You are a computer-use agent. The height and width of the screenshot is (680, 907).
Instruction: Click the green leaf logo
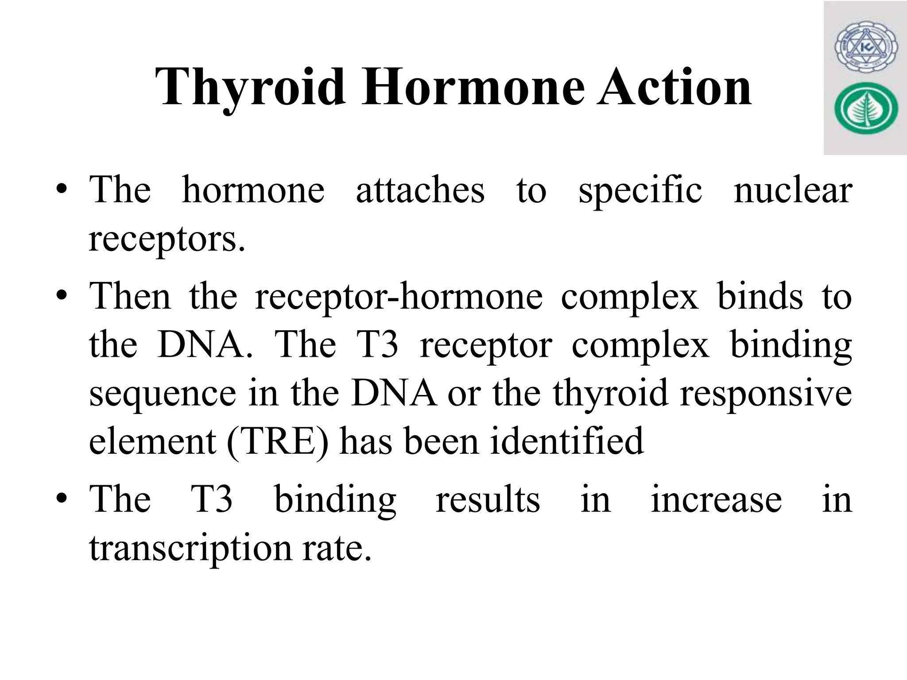click(x=866, y=111)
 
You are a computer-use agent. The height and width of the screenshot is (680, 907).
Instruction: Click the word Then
click(x=130, y=296)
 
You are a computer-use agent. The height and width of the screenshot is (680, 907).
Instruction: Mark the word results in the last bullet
click(x=488, y=499)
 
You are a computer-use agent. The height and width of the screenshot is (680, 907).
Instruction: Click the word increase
click(x=716, y=499)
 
